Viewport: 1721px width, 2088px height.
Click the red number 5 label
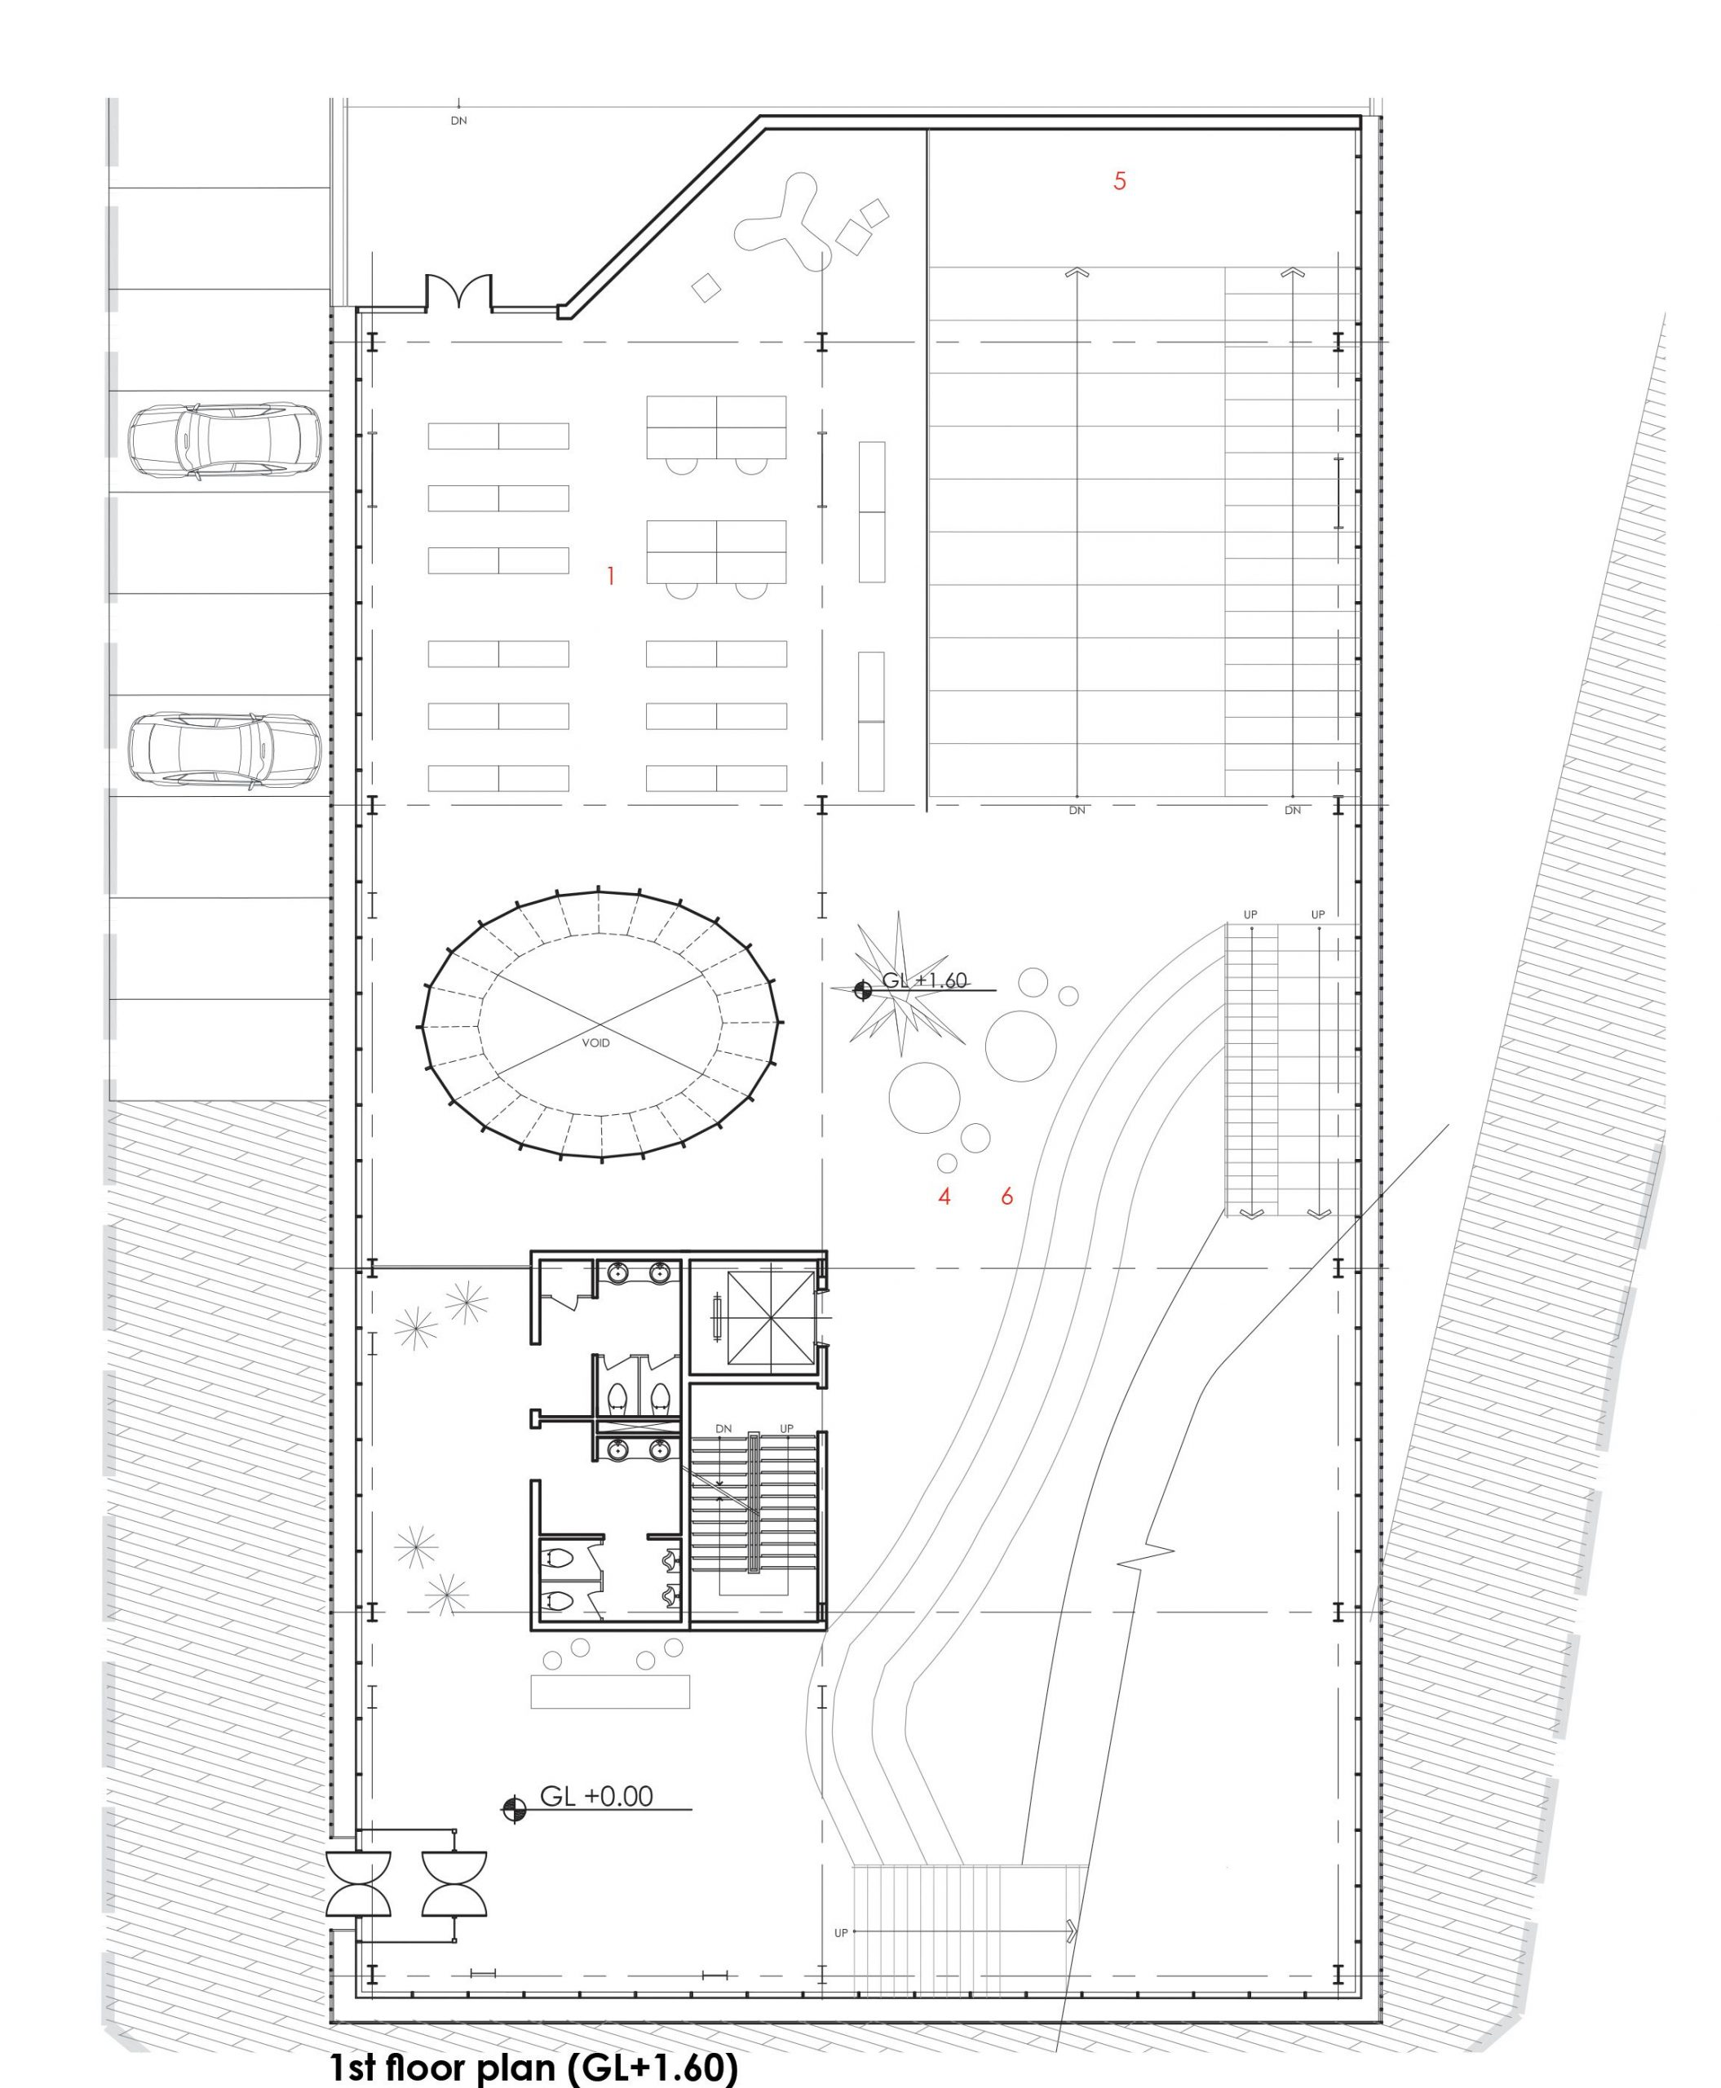point(1119,180)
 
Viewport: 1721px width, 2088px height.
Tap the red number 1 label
point(611,575)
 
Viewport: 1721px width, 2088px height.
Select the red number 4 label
point(945,1197)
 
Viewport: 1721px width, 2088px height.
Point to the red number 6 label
point(1007,1197)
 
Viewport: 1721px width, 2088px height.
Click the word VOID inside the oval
point(595,1042)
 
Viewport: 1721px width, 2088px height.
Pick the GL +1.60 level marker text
point(924,980)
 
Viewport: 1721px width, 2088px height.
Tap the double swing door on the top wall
point(459,293)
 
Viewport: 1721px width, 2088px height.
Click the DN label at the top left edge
point(458,121)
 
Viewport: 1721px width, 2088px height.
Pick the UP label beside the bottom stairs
point(841,1933)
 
